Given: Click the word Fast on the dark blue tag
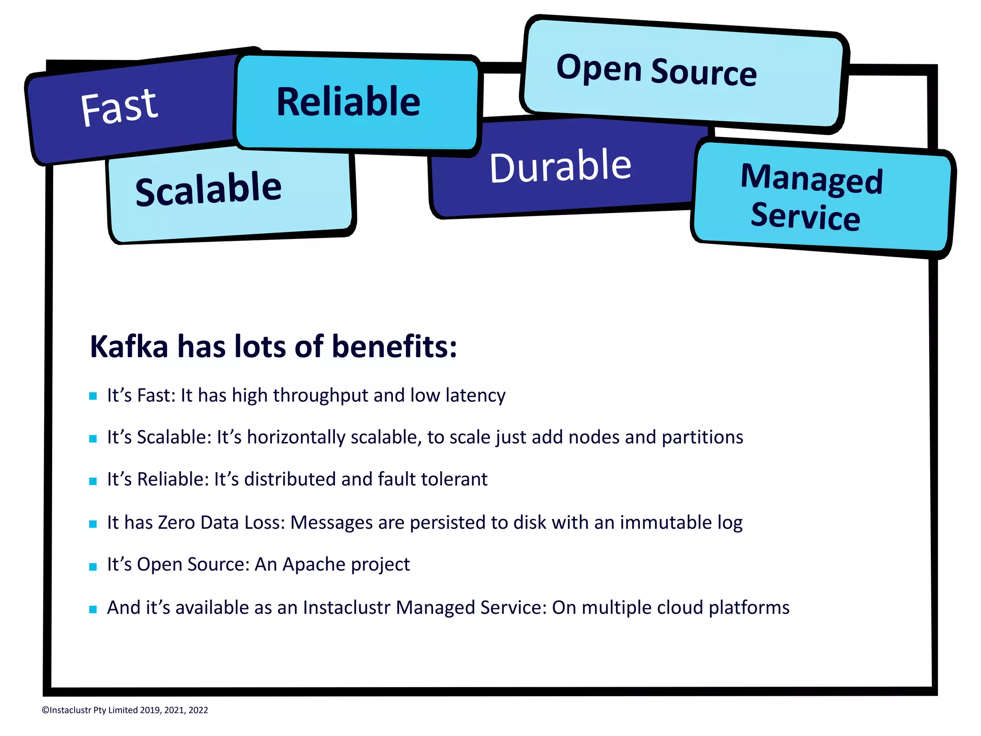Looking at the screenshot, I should point(119,107).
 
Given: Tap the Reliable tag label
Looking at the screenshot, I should point(348,102).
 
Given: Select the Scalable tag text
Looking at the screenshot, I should point(208,190).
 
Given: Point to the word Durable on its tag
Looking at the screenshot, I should point(560,166).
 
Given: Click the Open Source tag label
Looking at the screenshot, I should point(656,70).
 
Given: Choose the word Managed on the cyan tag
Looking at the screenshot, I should point(811,179).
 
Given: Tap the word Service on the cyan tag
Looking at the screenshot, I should point(805,217).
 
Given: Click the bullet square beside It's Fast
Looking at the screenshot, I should point(93,396).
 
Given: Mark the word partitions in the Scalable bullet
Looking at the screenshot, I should point(702,437).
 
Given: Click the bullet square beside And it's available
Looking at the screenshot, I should point(93,609).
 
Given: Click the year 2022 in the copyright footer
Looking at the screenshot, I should point(198,710).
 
